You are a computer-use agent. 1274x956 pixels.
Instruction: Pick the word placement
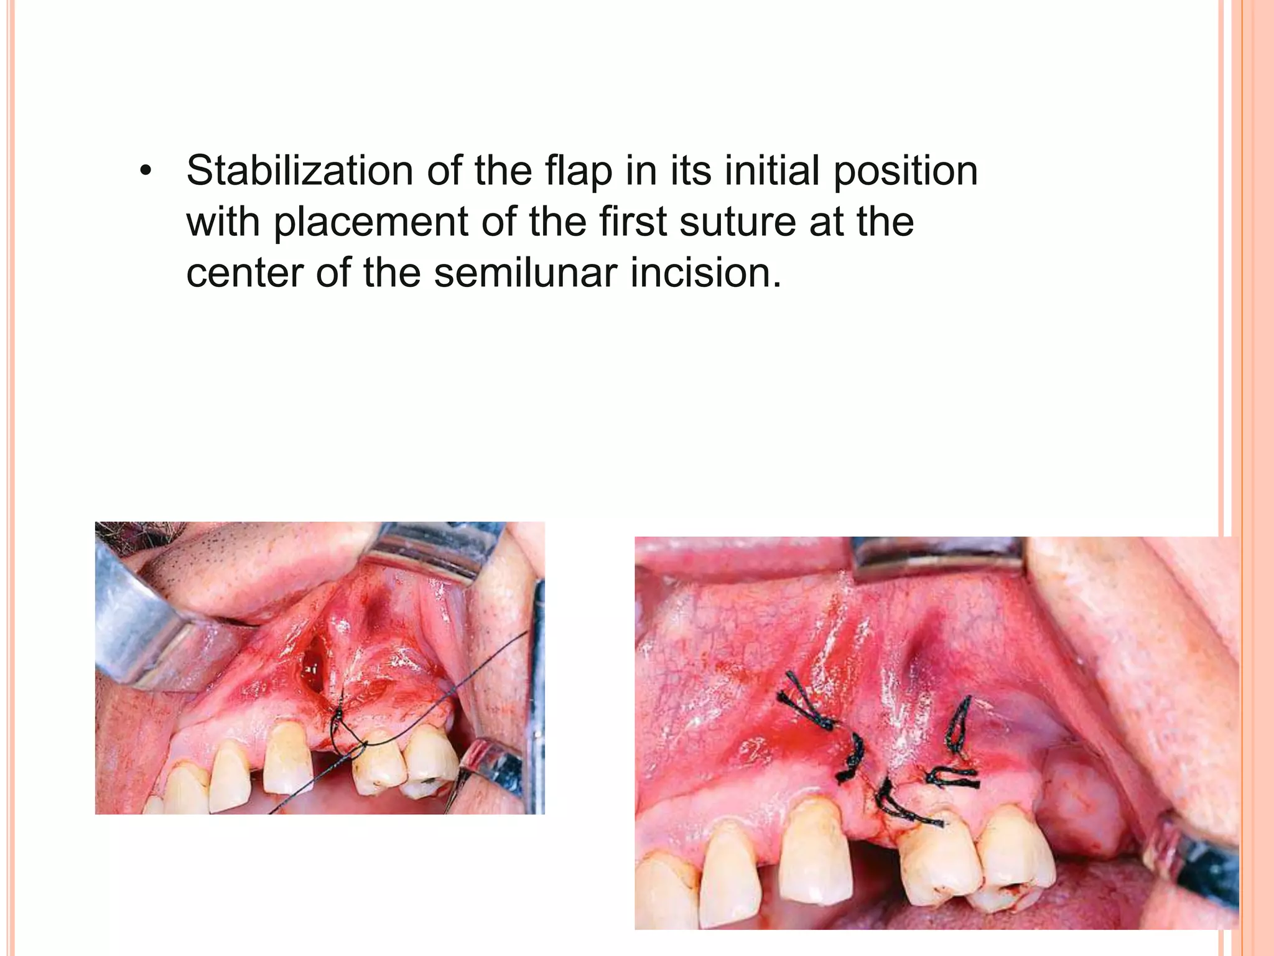370,222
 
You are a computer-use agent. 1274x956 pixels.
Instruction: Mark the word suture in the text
737,223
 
